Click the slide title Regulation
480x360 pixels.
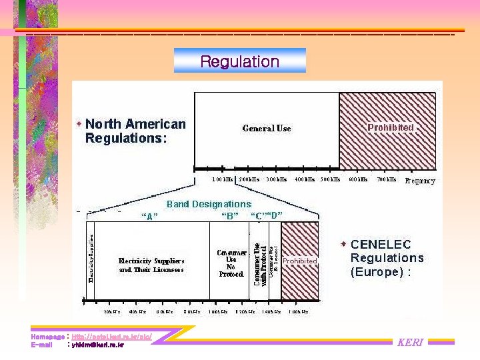239,62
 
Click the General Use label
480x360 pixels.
267,128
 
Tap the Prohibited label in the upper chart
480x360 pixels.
391,127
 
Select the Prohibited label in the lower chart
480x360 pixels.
300,261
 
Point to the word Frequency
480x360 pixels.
420,181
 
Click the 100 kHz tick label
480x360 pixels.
223,179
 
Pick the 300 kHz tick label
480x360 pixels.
276,179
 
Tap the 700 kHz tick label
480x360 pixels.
386,179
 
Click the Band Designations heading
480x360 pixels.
209,204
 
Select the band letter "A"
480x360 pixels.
149,215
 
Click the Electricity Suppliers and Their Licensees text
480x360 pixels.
151,265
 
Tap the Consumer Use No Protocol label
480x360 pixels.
231,263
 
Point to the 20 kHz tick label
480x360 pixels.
112,311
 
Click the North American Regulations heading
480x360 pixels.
135,131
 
